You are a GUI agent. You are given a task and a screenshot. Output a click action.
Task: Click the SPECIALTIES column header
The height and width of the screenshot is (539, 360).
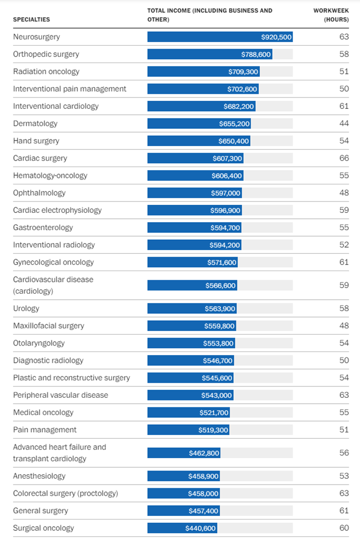pos(31,19)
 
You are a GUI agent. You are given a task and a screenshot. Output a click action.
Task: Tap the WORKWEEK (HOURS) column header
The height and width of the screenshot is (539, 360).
pos(331,15)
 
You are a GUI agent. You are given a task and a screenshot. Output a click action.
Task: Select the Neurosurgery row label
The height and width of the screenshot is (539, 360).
pos(37,37)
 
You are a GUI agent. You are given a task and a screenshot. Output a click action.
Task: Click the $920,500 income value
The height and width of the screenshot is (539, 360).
pos(276,37)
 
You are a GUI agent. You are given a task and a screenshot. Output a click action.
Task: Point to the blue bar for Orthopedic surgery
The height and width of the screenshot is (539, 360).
pos(210,54)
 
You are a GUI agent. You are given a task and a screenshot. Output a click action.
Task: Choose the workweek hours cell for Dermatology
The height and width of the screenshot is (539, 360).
pos(344,123)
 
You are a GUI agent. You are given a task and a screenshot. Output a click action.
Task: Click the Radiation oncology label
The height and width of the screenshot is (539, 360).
pos(46,72)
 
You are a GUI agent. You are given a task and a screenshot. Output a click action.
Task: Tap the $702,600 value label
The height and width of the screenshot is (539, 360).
pos(242,89)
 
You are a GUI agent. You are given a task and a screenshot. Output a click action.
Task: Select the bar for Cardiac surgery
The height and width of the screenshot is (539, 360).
pos(195,158)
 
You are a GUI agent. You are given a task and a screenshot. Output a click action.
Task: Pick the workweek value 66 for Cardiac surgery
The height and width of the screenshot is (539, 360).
pos(344,158)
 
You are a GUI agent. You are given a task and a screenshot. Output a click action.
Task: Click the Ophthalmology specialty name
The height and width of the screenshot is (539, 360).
pos(39,193)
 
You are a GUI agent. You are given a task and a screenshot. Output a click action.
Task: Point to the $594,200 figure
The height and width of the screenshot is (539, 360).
pos(225,245)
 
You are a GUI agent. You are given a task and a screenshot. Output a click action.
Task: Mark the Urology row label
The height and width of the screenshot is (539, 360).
pos(26,308)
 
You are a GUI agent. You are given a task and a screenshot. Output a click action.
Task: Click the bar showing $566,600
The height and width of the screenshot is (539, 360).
pos(192,285)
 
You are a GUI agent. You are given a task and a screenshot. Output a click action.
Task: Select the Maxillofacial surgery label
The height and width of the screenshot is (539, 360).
pos(49,326)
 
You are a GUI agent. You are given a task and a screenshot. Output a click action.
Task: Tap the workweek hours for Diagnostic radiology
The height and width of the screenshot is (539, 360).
pos(344,360)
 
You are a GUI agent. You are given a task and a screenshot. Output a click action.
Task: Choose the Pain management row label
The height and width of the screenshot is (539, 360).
pos(45,430)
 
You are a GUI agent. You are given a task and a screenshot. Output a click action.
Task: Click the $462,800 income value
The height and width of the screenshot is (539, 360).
pos(204,453)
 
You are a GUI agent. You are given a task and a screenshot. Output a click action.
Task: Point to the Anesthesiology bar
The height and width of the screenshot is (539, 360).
pos(184,476)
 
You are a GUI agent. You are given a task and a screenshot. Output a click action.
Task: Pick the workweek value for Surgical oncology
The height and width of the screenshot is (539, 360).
pos(344,528)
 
